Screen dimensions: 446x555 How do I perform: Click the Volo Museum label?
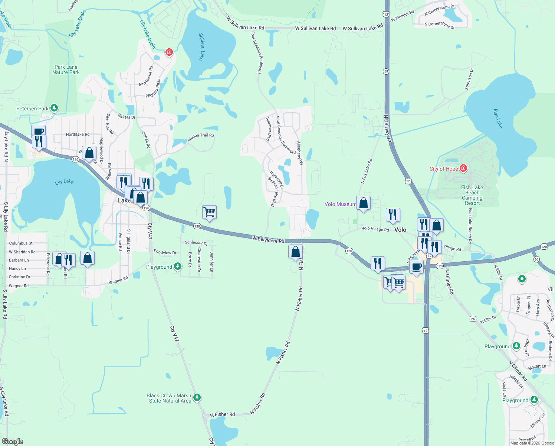[340, 204]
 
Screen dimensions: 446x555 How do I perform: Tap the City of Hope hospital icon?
[463, 168]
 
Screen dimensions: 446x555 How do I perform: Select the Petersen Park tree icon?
[54, 108]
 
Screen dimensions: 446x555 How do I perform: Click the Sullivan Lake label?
[201, 46]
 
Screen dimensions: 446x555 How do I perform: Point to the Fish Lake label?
[498, 119]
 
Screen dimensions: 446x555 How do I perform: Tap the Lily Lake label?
[64, 182]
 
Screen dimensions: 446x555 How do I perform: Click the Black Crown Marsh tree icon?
[197, 398]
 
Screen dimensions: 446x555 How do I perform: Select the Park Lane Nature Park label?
[66, 70]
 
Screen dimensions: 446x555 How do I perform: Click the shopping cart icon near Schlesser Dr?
[210, 212]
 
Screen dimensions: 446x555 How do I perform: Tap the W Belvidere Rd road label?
[268, 239]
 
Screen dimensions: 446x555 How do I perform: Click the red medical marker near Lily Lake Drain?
[169, 52]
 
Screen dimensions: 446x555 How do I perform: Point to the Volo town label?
[400, 230]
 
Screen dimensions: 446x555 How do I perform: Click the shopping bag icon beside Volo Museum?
[364, 203]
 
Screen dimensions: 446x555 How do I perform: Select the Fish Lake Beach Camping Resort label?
[472, 195]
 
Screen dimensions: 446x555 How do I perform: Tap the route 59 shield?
[386, 71]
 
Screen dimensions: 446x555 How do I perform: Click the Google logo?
[13, 442]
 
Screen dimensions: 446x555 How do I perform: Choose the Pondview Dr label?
[165, 252]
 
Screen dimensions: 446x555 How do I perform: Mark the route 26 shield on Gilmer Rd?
[473, 319]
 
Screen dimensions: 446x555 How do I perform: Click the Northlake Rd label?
[78, 134]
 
